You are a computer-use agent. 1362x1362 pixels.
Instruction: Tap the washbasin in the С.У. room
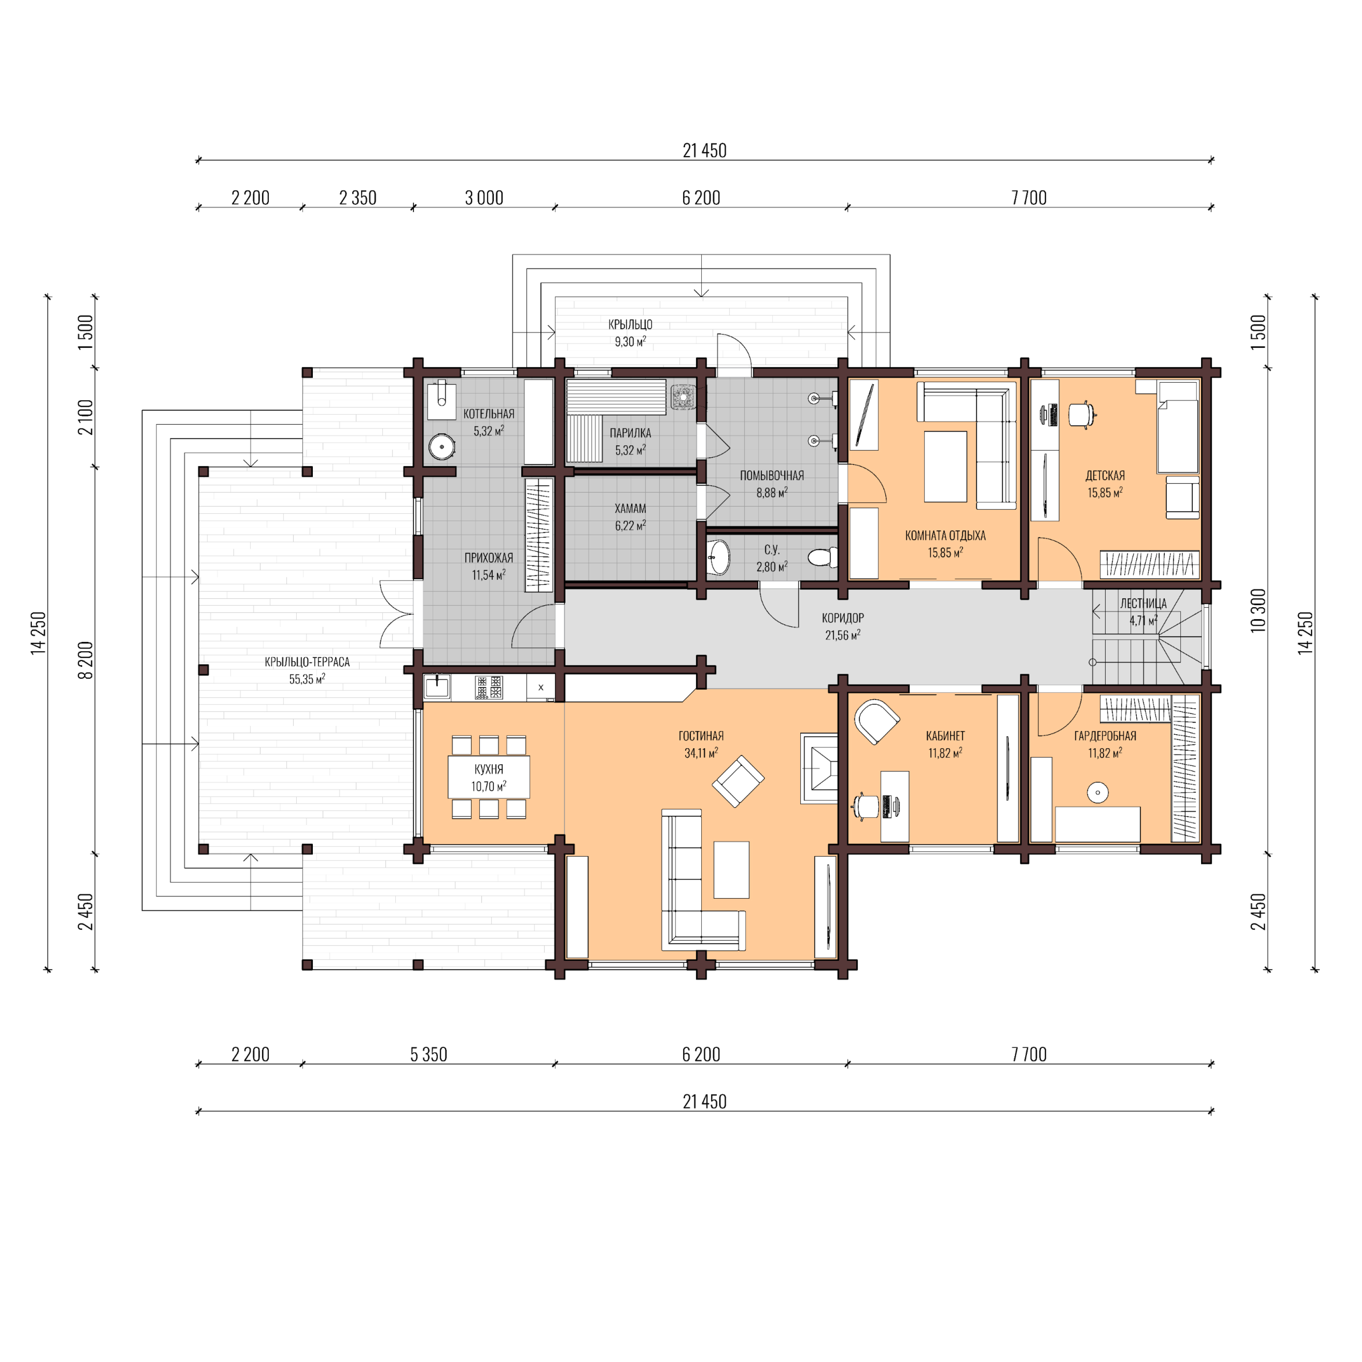click(x=719, y=556)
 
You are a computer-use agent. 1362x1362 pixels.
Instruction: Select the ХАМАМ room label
click(x=629, y=508)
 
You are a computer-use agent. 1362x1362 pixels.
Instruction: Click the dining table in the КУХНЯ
click(x=489, y=777)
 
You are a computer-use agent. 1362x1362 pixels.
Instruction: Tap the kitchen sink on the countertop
click(x=437, y=687)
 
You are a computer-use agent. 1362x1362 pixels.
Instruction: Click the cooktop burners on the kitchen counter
click(x=489, y=687)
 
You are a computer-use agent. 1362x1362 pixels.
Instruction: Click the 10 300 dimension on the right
click(x=1258, y=610)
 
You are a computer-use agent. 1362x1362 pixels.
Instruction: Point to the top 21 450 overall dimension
click(x=704, y=150)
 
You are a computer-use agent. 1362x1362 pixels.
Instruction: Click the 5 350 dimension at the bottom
click(x=429, y=1055)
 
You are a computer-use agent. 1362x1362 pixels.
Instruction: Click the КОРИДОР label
click(x=842, y=617)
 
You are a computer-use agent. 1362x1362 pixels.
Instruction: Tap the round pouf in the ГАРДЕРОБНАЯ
click(x=1097, y=792)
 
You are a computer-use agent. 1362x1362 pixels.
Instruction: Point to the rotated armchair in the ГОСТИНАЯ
click(x=738, y=781)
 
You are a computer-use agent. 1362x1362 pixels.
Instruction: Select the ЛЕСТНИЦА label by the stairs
click(x=1143, y=603)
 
